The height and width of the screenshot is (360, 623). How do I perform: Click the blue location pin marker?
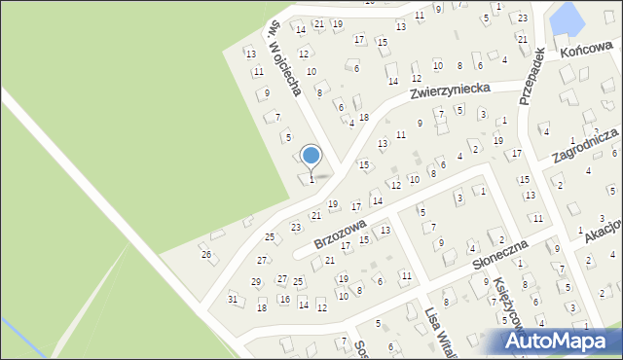click(x=311, y=156)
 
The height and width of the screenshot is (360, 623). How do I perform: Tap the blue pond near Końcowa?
click(x=564, y=18)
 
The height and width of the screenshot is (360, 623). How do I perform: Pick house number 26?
click(x=205, y=254)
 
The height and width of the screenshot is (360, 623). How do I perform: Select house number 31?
click(x=233, y=299)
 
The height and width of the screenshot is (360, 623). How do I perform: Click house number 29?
click(x=256, y=281)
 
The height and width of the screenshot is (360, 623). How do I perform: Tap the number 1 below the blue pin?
click(x=311, y=179)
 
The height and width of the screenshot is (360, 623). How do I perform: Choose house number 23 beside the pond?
click(x=523, y=18)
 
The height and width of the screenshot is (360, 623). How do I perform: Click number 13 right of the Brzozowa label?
click(x=385, y=230)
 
